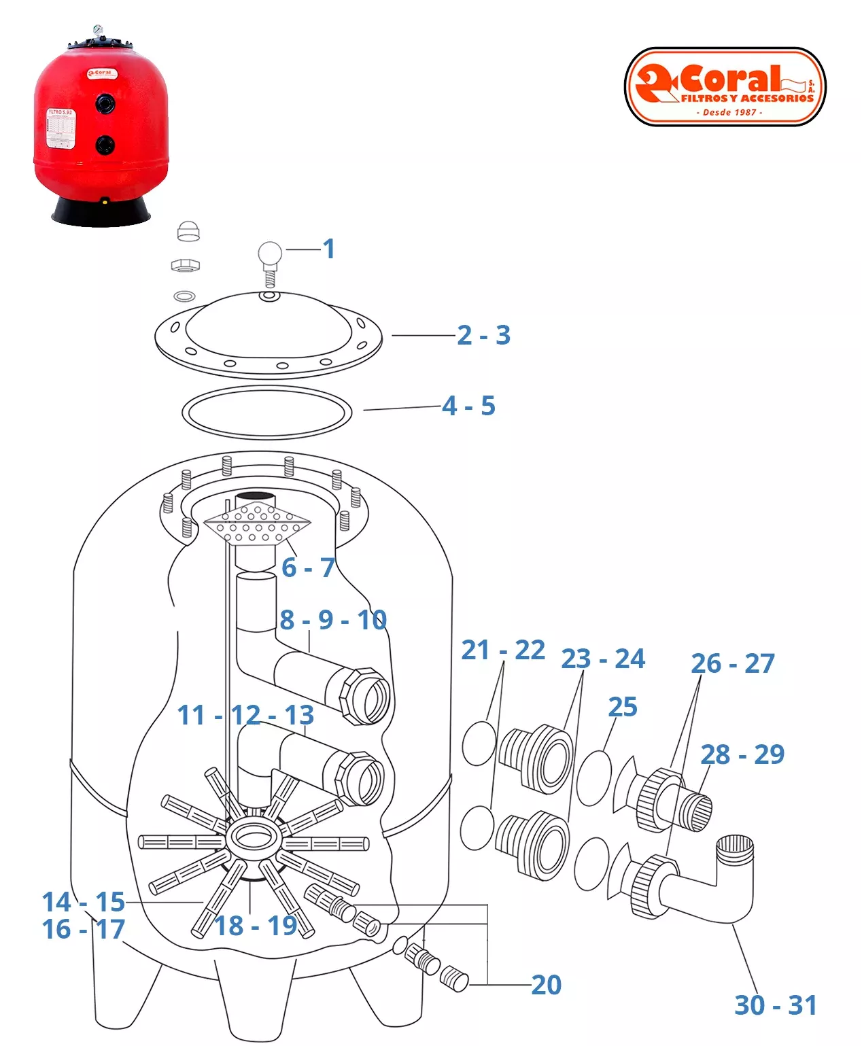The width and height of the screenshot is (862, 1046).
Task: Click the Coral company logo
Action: point(725,86)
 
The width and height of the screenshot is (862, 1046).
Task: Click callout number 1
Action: point(329,249)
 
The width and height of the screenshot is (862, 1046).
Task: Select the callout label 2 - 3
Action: point(483,335)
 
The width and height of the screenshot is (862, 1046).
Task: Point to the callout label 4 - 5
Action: point(468,406)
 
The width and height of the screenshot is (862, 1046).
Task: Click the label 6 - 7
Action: point(308,568)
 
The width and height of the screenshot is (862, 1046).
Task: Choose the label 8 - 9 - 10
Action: point(333,620)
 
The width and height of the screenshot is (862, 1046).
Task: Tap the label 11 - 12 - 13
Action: point(245,715)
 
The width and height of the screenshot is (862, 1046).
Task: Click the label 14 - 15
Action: point(84,902)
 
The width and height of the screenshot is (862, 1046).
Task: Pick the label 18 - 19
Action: point(256,926)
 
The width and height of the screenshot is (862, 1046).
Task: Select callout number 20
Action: point(547,985)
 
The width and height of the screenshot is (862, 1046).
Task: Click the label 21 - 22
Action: point(503,650)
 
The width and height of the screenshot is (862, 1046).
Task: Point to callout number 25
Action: point(623,707)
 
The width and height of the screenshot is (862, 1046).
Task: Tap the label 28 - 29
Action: point(742,754)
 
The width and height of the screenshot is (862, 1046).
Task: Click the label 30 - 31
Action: point(776,1005)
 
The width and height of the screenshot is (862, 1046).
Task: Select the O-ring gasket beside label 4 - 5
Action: point(266,412)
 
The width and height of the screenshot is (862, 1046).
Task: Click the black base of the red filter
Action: point(101,212)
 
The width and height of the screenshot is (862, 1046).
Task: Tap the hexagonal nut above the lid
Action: point(184,264)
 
